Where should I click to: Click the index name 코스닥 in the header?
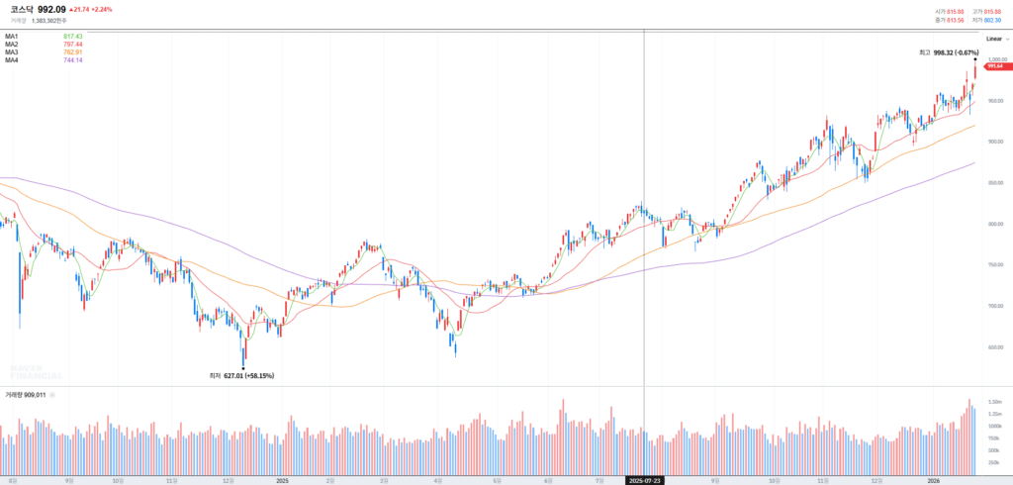coord(22,9)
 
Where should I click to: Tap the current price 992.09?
coord(51,9)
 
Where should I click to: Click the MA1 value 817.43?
coord(72,36)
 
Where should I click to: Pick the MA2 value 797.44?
coord(72,44)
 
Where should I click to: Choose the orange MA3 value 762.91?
coord(72,51)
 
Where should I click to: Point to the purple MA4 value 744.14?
coord(72,59)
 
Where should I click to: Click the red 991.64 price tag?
coord(995,66)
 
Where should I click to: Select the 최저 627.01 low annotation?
coord(241,375)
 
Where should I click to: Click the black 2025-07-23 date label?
coord(644,479)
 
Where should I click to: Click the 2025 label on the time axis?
coord(282,479)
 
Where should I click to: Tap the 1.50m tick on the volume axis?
coord(994,401)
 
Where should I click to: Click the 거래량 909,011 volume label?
coord(27,394)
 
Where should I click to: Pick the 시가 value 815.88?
coord(954,11)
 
